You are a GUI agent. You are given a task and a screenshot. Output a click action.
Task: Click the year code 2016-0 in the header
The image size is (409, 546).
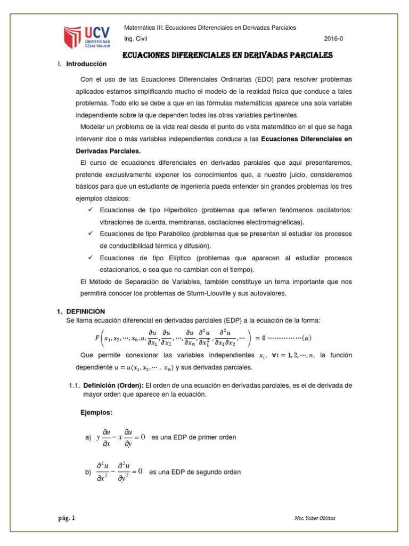tap(335, 39)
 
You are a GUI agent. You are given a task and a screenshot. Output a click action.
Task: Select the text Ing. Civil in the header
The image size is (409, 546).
tap(136, 39)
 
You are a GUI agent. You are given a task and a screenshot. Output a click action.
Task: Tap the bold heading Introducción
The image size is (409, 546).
tap(87, 64)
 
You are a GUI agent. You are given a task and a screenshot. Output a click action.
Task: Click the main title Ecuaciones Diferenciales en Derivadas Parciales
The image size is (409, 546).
tap(228, 55)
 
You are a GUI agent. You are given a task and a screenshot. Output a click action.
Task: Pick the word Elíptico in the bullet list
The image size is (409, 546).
tap(166, 258)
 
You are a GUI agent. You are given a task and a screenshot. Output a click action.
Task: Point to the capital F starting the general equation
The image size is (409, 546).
tap(97, 338)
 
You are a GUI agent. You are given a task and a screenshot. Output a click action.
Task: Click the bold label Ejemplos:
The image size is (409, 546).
tap(96, 413)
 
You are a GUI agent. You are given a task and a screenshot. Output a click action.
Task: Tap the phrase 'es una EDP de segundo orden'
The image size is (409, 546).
tap(195, 472)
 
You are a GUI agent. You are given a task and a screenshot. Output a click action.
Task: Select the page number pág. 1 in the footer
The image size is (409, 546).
tap(67, 518)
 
